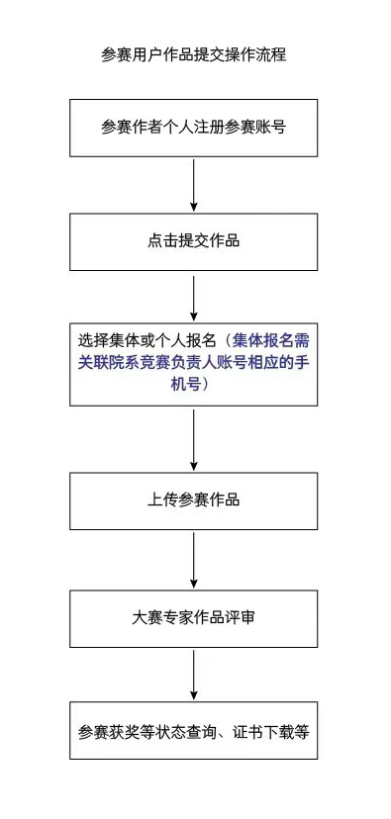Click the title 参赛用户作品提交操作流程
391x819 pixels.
coord(194,54)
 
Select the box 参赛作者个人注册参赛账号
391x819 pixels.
coord(194,128)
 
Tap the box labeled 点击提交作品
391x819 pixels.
coord(194,241)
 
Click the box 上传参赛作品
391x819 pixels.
coord(194,500)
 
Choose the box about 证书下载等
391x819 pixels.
coord(194,732)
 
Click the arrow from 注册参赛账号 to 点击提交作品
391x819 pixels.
coord(194,185)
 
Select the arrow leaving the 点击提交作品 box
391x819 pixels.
coord(194,298)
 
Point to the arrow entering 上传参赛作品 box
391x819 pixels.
coord(194,439)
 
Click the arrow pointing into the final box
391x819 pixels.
coord(194,675)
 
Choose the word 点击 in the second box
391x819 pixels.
coord(162,241)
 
